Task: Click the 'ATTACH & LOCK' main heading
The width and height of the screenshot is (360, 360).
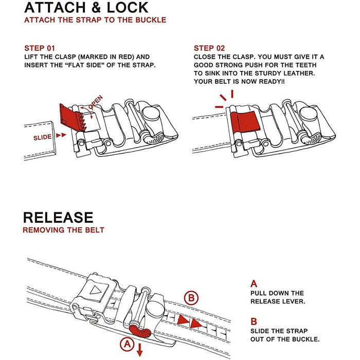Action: (86, 8)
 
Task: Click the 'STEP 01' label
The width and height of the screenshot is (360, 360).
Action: (40, 48)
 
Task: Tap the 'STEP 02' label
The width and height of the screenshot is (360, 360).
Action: (209, 48)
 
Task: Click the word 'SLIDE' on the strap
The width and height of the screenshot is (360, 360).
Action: (42, 137)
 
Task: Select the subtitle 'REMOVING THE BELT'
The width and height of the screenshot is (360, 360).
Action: (63, 230)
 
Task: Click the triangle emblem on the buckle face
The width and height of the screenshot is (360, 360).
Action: (95, 289)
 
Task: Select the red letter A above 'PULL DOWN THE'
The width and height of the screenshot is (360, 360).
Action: (254, 283)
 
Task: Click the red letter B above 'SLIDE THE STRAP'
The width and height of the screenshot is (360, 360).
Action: (254, 321)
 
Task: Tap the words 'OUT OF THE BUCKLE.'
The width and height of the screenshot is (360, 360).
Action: (285, 340)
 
